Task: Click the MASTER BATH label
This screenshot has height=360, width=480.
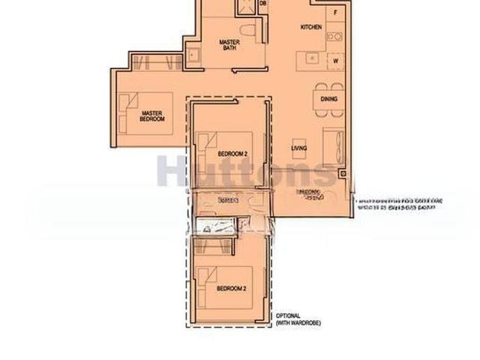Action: pos(229,46)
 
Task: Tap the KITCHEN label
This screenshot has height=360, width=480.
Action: pos(311,27)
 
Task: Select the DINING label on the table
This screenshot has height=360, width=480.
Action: pos(328,99)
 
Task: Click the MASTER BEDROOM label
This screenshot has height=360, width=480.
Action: pos(152,116)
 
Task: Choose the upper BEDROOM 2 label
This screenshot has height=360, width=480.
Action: pos(232,154)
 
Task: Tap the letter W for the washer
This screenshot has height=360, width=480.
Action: pos(335,61)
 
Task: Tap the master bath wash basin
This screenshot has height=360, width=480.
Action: pos(193,54)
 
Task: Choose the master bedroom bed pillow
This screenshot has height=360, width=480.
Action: pos(128,100)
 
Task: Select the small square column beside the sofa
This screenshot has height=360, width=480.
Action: pos(342,174)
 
